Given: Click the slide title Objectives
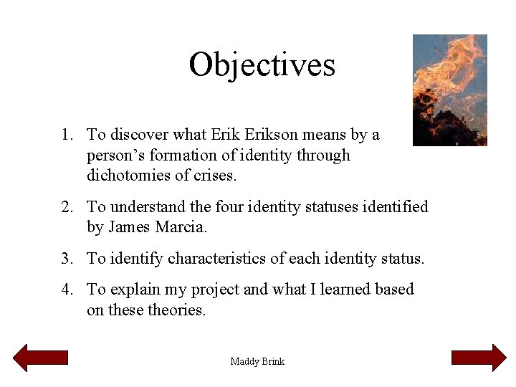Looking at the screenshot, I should [262, 64].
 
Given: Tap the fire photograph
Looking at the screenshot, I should [449, 90].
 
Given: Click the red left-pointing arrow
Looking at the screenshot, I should [41, 358].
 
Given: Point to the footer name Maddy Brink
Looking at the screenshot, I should [257, 361].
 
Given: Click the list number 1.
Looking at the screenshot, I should [65, 135].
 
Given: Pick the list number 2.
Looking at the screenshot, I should [65, 207].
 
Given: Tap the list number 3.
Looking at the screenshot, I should [65, 259].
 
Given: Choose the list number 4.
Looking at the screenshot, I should [65, 290].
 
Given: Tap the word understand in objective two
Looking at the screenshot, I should [148, 207].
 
